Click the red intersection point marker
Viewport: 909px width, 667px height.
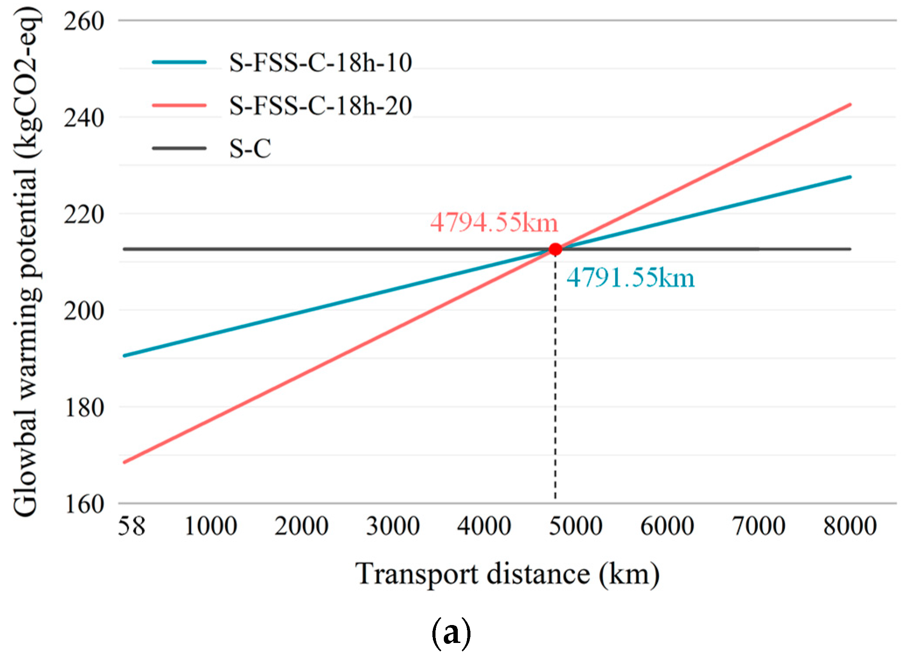pos(555,249)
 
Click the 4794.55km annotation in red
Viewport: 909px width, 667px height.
pos(494,223)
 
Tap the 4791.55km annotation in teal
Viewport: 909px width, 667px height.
pos(630,278)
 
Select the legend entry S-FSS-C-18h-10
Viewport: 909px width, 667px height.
pos(320,63)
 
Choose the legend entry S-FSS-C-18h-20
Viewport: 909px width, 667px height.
pos(320,105)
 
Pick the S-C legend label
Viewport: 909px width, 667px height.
pos(250,148)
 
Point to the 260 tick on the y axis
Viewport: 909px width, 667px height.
pos(84,21)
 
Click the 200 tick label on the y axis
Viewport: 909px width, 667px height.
pos(84,311)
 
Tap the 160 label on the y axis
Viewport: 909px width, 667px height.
pos(84,504)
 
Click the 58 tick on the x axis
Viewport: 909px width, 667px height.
pos(131,526)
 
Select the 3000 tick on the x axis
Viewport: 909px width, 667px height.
pos(393,526)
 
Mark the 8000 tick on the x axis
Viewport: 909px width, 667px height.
pos(850,526)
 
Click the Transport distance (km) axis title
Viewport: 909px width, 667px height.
pos(507,574)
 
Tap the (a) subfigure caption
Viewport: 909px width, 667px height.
pos(451,633)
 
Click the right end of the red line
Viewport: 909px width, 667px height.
pos(850,105)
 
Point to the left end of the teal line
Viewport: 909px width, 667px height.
pos(125,356)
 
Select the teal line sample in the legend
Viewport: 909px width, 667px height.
pos(179,63)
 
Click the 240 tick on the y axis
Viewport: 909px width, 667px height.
pos(84,118)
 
